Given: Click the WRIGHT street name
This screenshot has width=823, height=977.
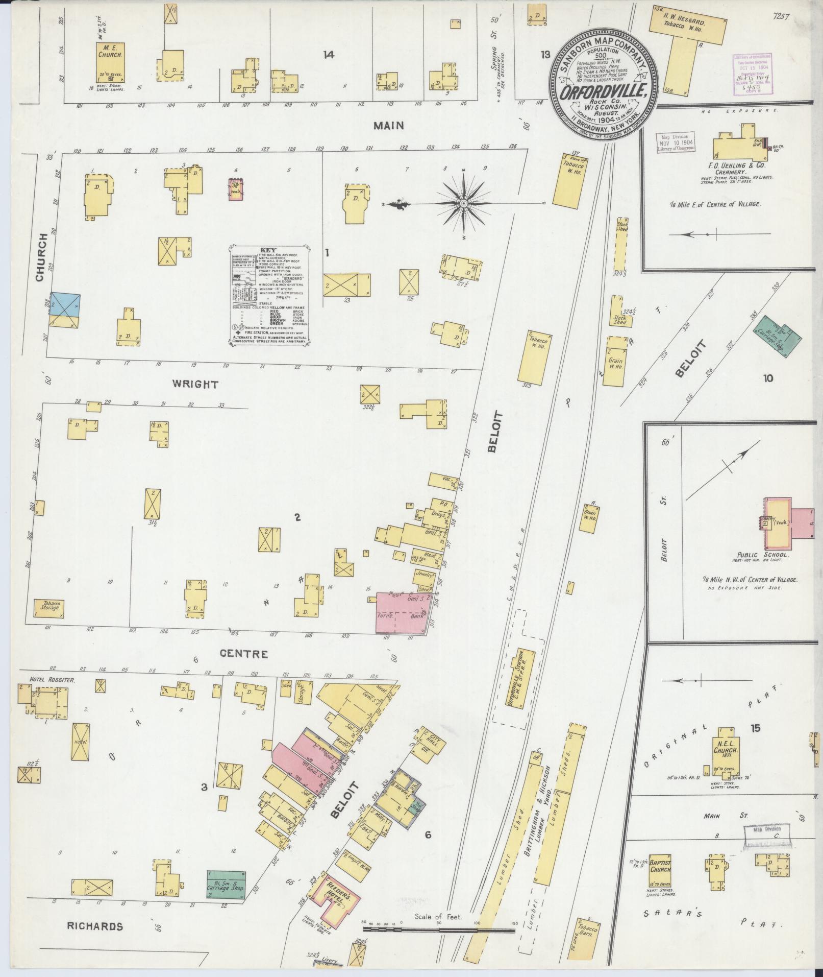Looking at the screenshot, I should point(195,384).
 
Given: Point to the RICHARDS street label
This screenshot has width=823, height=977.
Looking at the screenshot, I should point(95,926).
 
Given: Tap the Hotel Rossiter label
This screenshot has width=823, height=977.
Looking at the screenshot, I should point(46,681).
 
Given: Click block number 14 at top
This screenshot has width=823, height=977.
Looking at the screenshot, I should point(328,55).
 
